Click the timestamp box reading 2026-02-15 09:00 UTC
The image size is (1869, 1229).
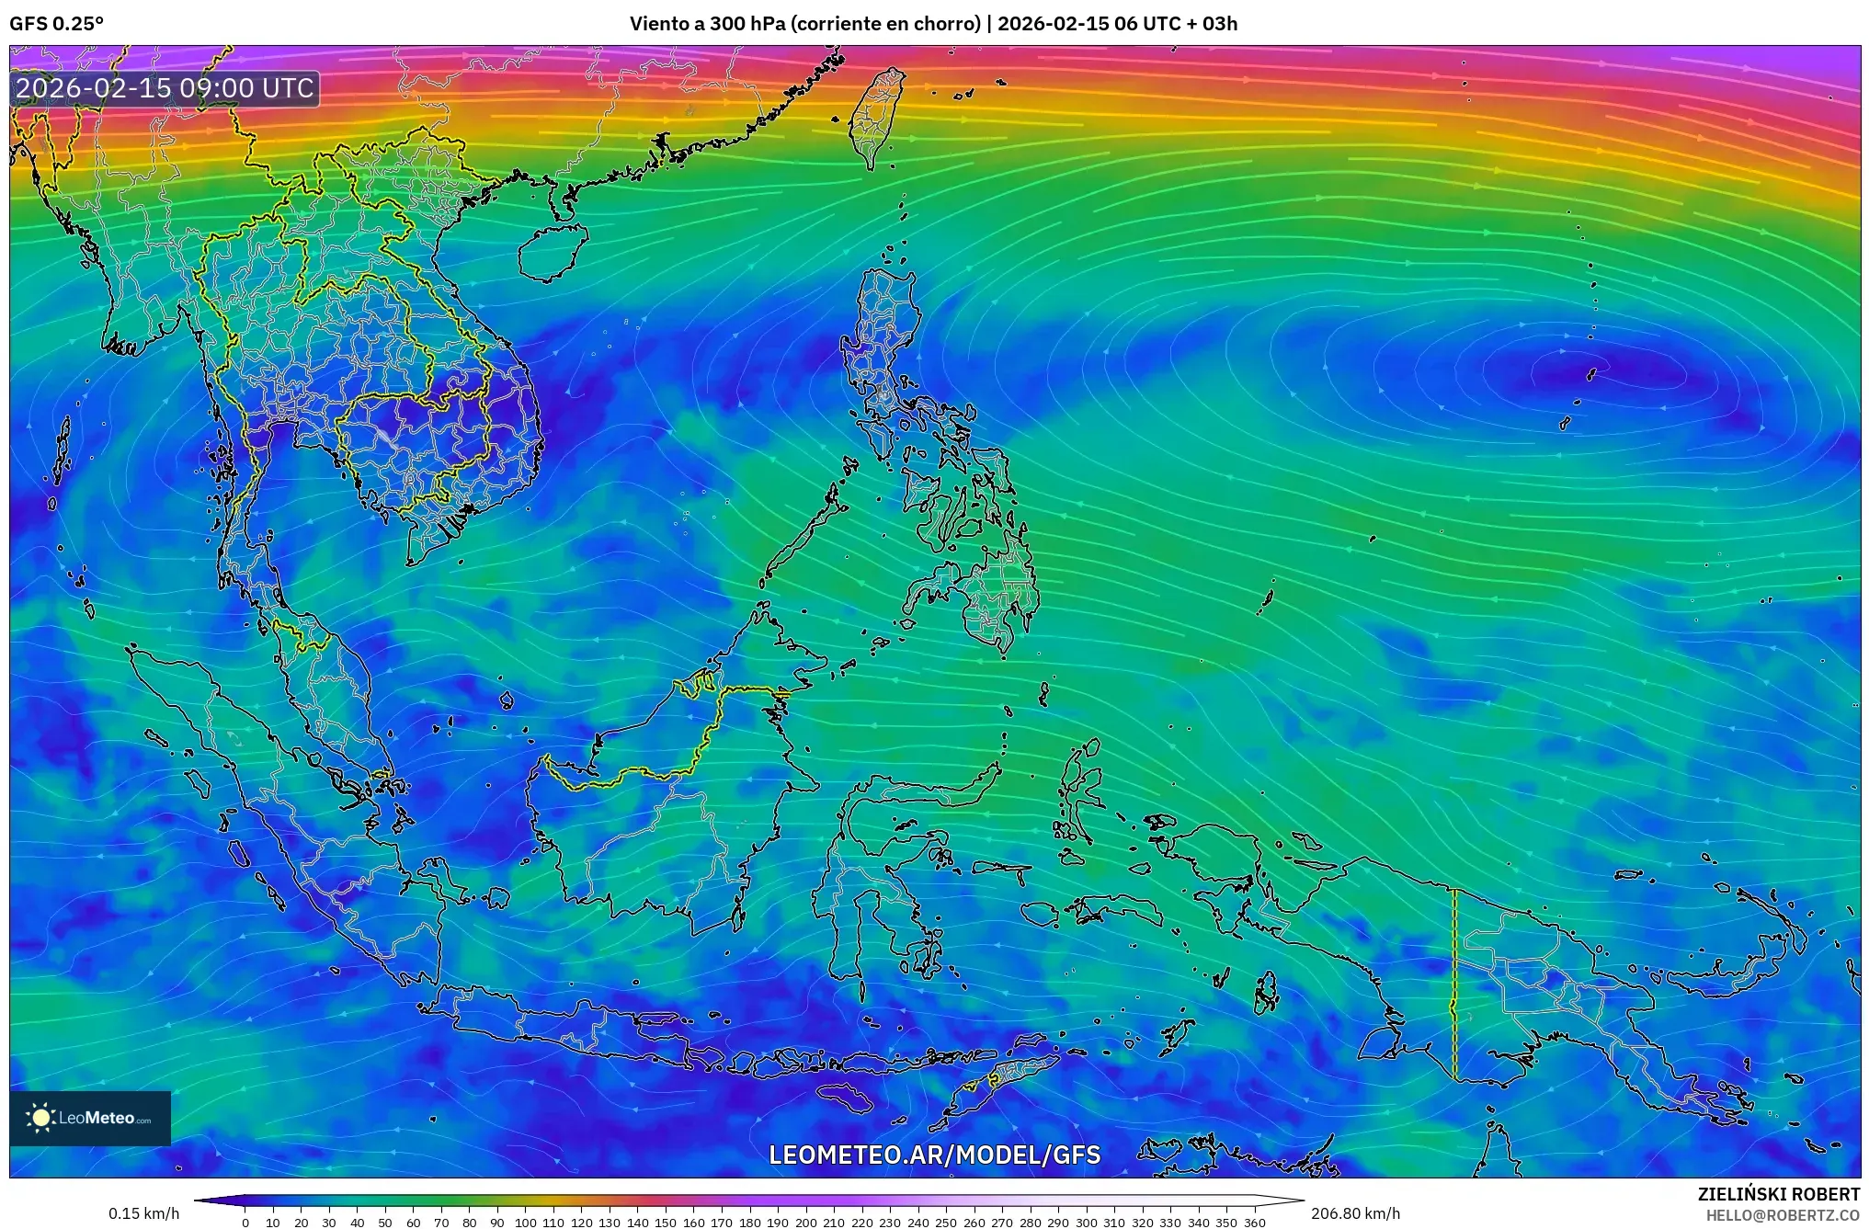click(165, 88)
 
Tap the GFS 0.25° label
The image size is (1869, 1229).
click(57, 24)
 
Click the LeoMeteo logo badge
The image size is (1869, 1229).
click(90, 1118)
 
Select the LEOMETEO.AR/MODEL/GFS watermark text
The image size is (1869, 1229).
click(934, 1155)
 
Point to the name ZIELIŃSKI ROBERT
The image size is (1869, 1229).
click(1778, 1194)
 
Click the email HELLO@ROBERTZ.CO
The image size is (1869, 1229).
click(1783, 1215)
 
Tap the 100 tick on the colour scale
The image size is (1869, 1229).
click(525, 1223)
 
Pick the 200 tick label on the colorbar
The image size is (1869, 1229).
click(806, 1223)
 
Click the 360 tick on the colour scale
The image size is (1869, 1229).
click(1255, 1223)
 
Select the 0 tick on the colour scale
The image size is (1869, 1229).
click(245, 1223)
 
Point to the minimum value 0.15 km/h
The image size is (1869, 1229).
click(144, 1213)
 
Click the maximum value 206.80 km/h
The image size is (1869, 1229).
click(1355, 1213)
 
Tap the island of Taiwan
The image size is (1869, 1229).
click(874, 115)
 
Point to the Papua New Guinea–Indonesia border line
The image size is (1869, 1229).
click(1454, 984)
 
